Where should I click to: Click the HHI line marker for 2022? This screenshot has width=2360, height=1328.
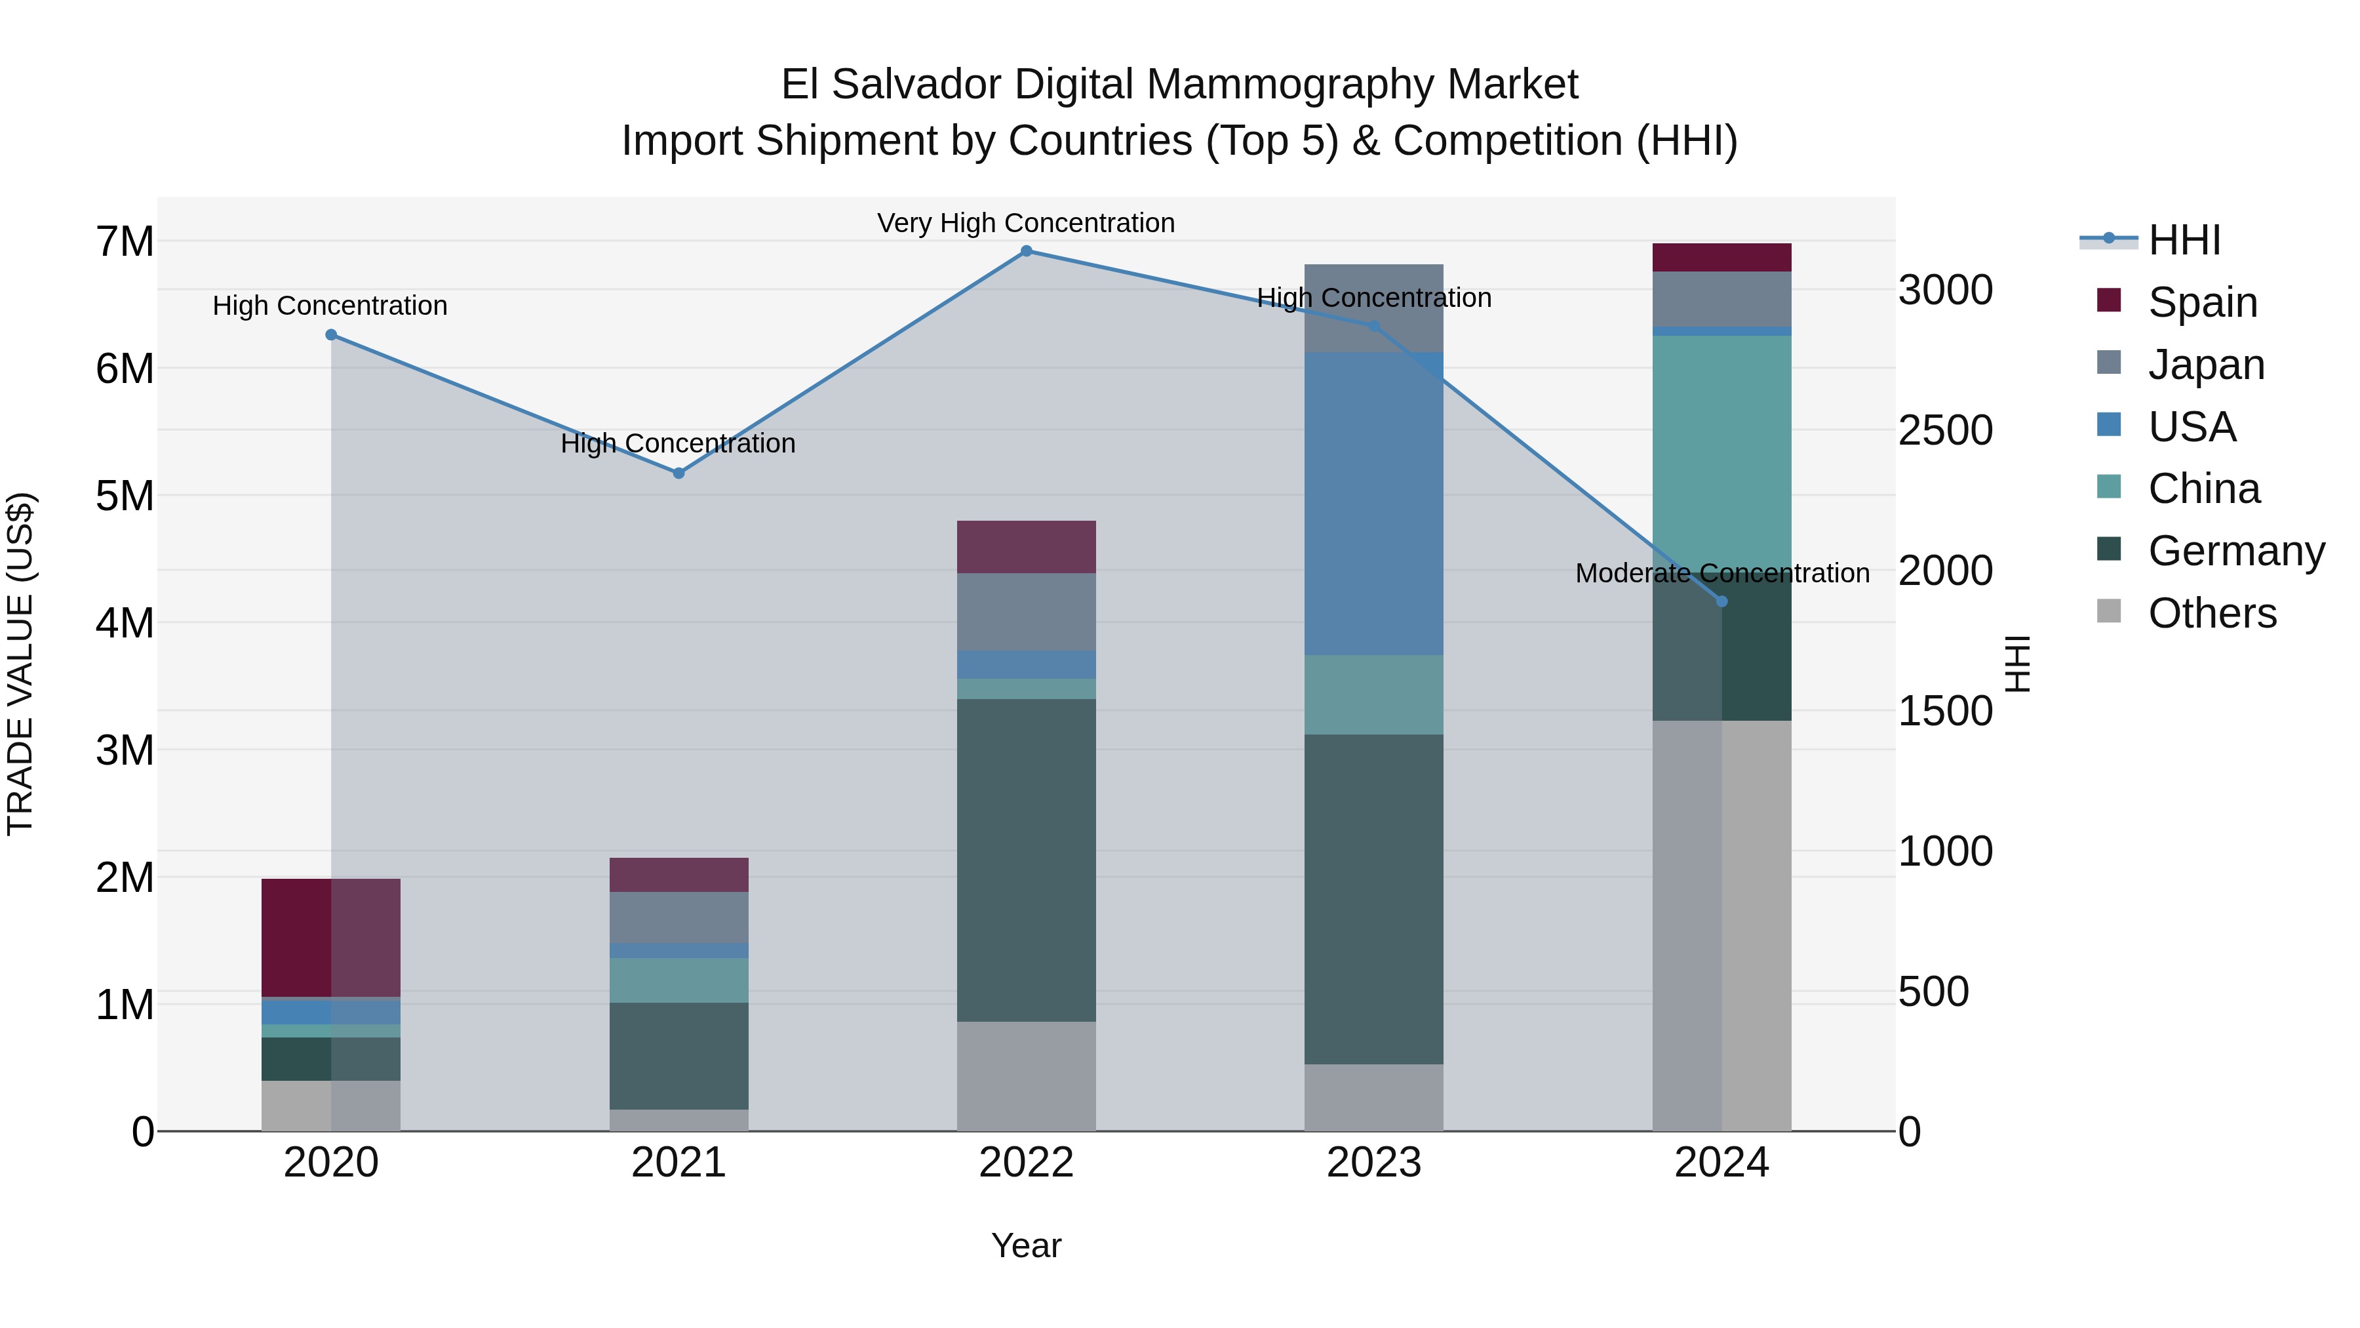pos(1026,251)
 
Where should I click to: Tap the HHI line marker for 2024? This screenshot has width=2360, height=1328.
pos(1721,601)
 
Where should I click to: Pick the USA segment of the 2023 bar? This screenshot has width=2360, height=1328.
pos(1373,504)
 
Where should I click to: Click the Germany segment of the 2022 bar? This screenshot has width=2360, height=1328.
pos(1026,860)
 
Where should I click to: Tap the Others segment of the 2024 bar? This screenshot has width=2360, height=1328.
pos(1721,925)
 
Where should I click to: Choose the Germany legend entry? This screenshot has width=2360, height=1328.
pos(2235,551)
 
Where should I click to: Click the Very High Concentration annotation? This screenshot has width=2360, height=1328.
pos(1026,223)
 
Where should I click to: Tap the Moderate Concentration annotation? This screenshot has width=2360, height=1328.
pos(1721,573)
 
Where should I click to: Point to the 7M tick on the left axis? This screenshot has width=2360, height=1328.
pos(125,242)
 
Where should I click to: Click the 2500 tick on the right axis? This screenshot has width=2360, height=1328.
pos(1944,431)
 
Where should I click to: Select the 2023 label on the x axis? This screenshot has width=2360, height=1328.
pos(1373,1163)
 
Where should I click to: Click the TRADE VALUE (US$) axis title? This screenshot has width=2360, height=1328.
pos(20,664)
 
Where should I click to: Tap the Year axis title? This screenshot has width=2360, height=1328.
pos(1026,1245)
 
